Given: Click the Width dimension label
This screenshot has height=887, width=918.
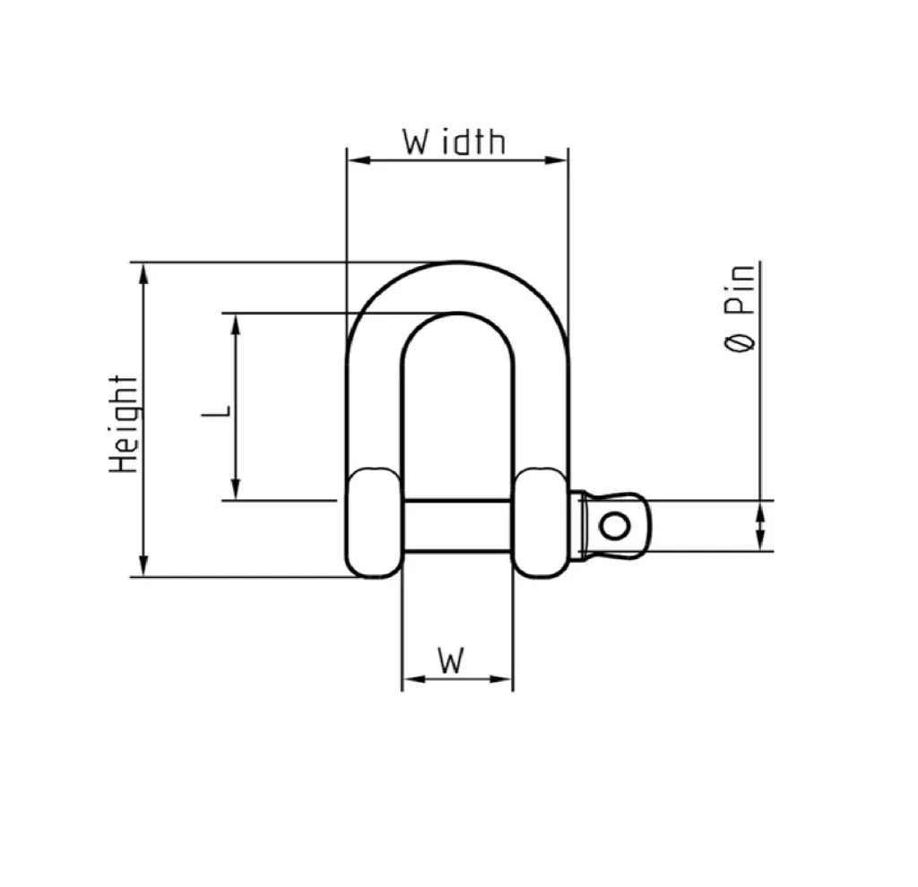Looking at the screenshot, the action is tap(454, 142).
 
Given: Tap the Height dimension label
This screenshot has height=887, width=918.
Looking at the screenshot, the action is tap(124, 424).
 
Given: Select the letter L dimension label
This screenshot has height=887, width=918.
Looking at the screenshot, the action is tap(216, 410).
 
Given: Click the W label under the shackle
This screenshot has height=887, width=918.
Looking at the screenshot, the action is tap(452, 660).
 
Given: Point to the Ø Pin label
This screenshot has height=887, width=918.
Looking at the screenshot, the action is tap(740, 308).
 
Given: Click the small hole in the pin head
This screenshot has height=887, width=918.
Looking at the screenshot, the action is tap(614, 525).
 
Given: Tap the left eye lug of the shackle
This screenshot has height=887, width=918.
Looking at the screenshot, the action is tap(374, 523).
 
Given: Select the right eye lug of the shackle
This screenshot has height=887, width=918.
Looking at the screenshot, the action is tap(541, 523).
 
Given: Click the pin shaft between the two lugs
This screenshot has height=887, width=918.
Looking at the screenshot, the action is tap(457, 526).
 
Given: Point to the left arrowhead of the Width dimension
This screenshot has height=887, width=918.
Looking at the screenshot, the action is tap(359, 159).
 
